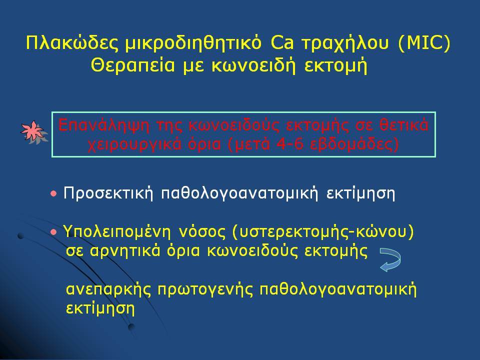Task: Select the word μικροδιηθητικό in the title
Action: point(193,43)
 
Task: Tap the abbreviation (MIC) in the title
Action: point(424,43)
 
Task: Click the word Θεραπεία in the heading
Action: point(133,65)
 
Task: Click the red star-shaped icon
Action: point(33,132)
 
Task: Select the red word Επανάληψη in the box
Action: point(104,126)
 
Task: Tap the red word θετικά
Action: point(404,125)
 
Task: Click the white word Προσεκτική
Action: point(108,193)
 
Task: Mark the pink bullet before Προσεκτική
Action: point(54,194)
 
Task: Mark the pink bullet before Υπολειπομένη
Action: point(54,232)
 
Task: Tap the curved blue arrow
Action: point(390,259)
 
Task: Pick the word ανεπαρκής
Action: point(108,289)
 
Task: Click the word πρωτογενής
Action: point(205,289)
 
